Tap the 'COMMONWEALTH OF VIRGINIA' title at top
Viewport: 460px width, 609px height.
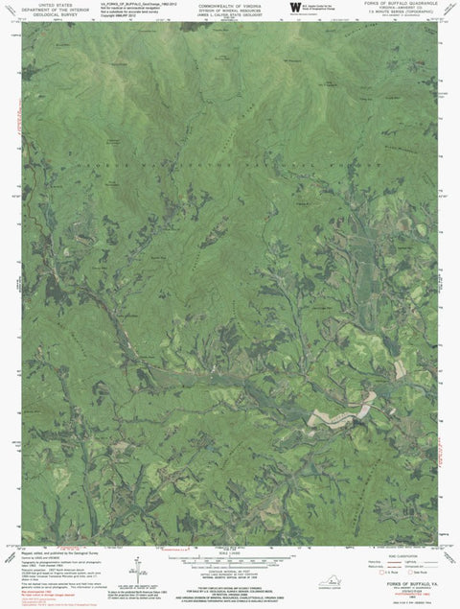pos(229,4)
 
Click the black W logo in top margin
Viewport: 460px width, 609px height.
pos(293,9)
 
